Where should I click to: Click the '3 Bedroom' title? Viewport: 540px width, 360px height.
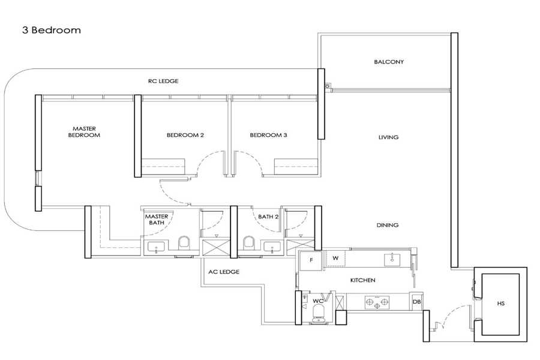click(x=52, y=31)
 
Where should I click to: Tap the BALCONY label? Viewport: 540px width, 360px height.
click(x=389, y=62)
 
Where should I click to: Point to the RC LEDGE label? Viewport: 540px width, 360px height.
click(x=163, y=82)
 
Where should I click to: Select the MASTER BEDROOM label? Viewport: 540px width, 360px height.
click(x=84, y=132)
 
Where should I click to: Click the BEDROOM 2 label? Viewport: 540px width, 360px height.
click(x=185, y=135)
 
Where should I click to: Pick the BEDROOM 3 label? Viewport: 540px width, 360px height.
click(x=268, y=135)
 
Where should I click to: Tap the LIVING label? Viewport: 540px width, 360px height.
click(x=388, y=137)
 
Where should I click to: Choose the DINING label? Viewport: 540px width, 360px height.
click(x=388, y=226)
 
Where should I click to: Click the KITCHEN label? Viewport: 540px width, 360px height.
click(x=362, y=280)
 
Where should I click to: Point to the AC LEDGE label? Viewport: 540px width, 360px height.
click(x=224, y=272)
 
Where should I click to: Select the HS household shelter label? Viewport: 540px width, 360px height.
click(x=501, y=304)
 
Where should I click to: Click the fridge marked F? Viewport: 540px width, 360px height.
click(x=311, y=261)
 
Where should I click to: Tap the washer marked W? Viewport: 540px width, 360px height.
click(x=335, y=259)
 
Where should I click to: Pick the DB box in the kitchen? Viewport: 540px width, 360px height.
click(x=417, y=302)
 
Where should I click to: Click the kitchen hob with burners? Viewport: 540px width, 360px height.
click(x=377, y=302)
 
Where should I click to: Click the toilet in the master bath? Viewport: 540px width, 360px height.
click(x=184, y=243)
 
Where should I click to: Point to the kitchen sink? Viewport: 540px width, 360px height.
click(x=392, y=259)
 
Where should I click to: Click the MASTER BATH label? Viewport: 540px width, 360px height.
click(x=157, y=220)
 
